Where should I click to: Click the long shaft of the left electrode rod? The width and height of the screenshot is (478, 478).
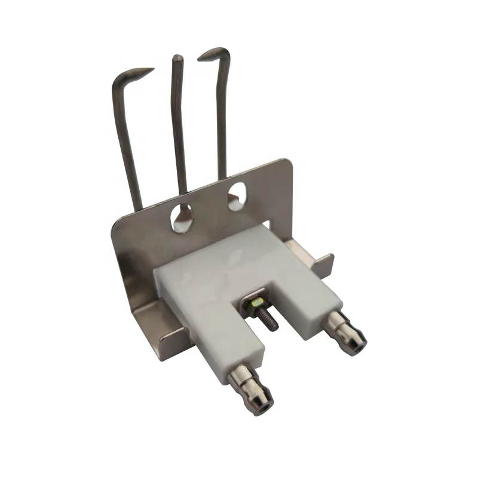coord(127,143)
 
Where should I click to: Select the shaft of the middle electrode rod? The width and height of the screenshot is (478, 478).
coord(180,131)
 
